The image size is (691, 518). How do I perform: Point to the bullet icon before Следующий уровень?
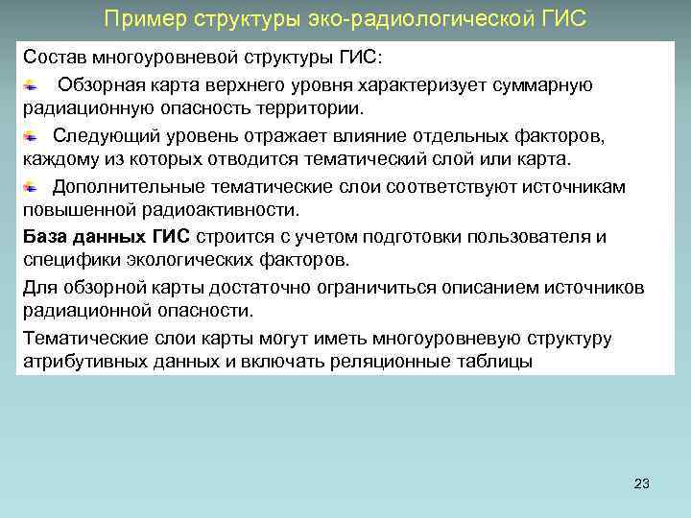click(x=32, y=136)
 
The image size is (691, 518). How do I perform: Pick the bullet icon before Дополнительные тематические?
click(x=32, y=186)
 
